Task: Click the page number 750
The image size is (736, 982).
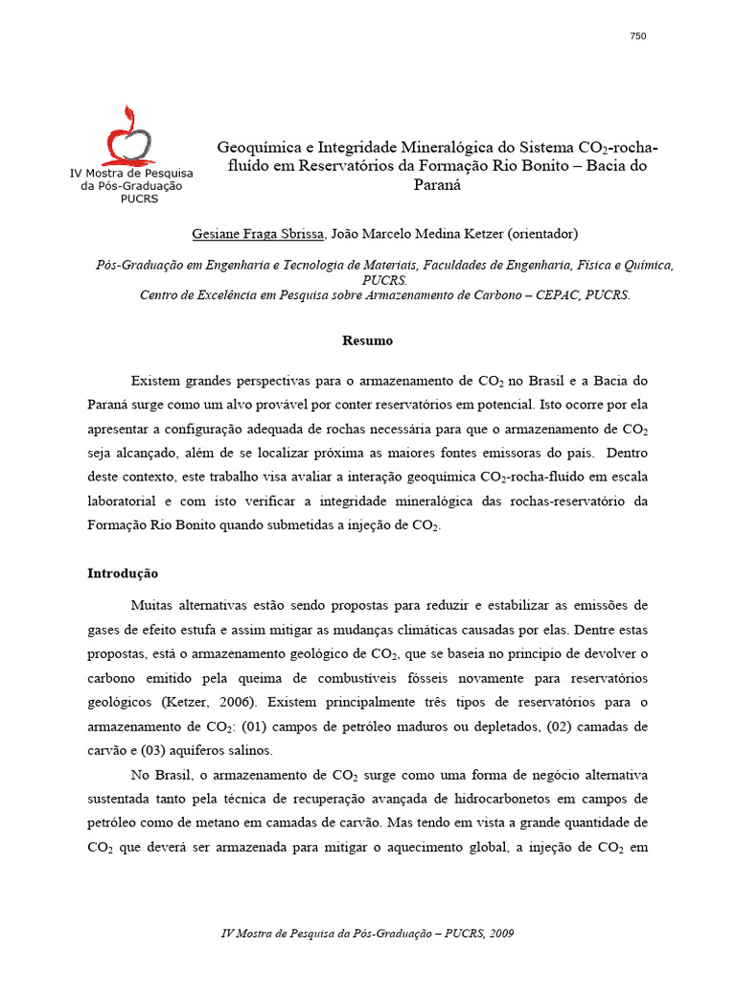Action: click(x=638, y=36)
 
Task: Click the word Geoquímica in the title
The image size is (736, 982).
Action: click(x=255, y=148)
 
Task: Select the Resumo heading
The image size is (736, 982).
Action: click(x=368, y=340)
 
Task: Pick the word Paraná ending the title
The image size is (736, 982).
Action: click(x=437, y=186)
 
